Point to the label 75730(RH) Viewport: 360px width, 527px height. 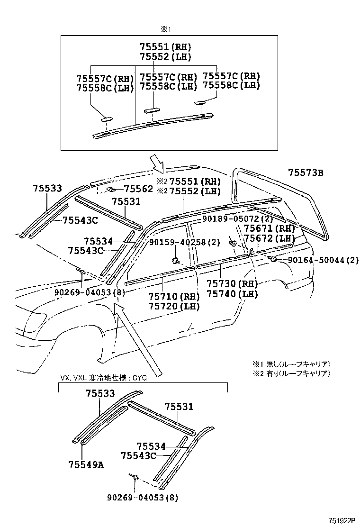tap(232, 284)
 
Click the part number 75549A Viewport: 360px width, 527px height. tap(85, 464)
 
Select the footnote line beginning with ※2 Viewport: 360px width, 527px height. tap(291, 373)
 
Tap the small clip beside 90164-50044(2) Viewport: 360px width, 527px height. tap(273, 259)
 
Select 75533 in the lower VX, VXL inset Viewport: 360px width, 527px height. tap(100, 393)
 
